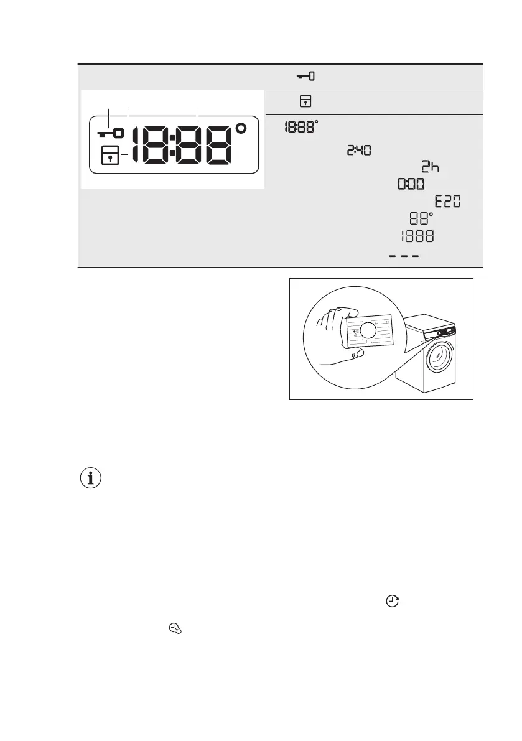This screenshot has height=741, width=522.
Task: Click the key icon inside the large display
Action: click(x=110, y=133)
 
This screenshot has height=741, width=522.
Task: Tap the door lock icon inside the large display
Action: click(x=110, y=156)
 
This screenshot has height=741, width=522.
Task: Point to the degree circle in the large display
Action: click(x=241, y=129)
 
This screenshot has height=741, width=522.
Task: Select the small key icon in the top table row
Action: click(x=305, y=77)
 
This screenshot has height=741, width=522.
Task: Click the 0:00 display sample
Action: click(x=411, y=184)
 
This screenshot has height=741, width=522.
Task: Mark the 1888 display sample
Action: click(x=417, y=237)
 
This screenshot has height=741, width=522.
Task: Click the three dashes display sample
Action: click(x=404, y=255)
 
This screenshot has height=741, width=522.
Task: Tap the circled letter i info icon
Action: click(x=92, y=478)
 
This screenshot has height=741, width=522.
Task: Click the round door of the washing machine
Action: click(x=443, y=360)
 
